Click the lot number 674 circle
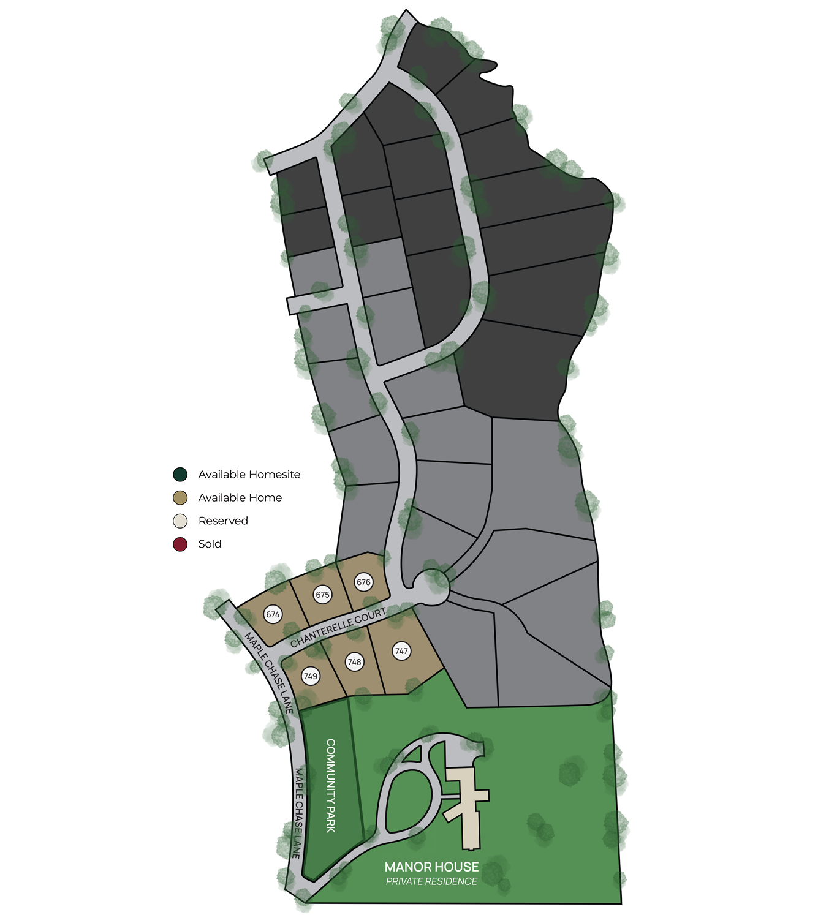tap(273, 614)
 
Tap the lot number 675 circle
tap(322, 594)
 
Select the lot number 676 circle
tap(363, 582)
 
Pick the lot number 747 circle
tap(401, 651)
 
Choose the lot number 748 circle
tap(354, 661)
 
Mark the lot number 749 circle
tap(311, 676)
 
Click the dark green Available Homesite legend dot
tap(180, 475)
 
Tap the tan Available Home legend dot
tap(180, 497)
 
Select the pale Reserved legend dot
tap(180, 521)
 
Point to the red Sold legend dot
tap(180, 544)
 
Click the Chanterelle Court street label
tap(338, 627)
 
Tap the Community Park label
tap(331, 785)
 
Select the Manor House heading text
tap(431, 867)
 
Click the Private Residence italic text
tap(431, 881)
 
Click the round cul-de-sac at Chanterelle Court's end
tap(432, 587)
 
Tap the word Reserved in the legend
tap(223, 521)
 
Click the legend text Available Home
tap(240, 497)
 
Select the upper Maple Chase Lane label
tap(269, 672)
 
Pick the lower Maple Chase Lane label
tap(298, 812)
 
